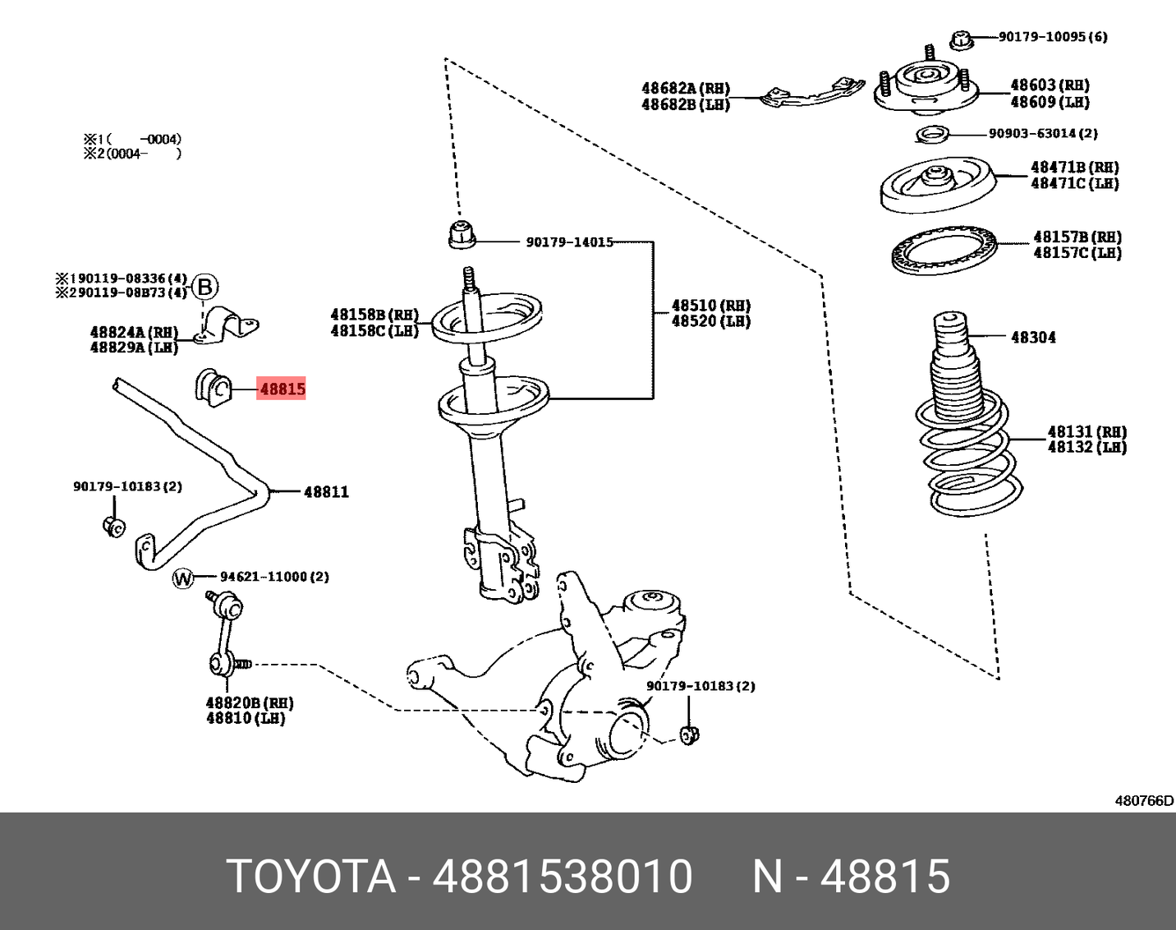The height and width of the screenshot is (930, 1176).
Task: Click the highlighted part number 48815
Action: (282, 389)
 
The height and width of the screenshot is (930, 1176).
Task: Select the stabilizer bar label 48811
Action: (326, 492)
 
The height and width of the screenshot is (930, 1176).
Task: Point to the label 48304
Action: (1033, 337)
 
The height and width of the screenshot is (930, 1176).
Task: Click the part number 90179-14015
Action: (569, 242)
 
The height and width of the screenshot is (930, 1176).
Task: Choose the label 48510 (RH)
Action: (710, 306)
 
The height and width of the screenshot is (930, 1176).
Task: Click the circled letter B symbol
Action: (205, 288)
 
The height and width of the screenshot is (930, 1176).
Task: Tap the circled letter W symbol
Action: (182, 578)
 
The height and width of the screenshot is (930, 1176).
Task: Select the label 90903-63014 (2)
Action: (1042, 133)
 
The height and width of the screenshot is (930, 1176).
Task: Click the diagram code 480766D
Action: (1143, 801)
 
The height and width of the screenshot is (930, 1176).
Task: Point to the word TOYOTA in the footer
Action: (311, 876)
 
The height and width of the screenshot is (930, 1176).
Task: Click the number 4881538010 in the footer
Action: (563, 876)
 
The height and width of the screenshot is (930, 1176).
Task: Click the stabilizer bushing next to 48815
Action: (214, 389)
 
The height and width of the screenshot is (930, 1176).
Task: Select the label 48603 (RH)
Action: (1050, 85)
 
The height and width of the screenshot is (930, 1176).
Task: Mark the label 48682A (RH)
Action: (685, 89)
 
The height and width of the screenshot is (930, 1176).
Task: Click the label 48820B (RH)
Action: (249, 703)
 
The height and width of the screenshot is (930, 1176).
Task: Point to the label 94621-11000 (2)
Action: (273, 577)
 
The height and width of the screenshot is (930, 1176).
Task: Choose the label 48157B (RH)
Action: (1077, 237)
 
